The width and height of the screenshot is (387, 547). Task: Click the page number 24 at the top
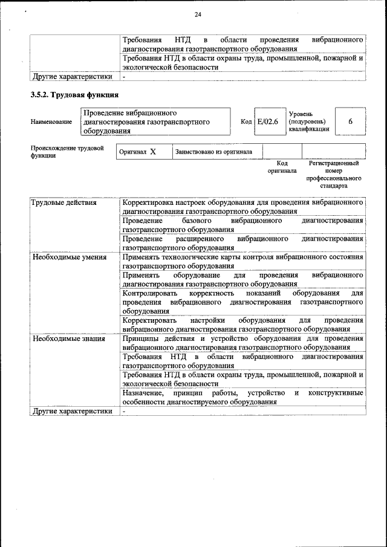pyautogui.click(x=198, y=15)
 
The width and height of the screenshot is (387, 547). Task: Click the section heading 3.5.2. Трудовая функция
pyautogui.click(x=74, y=95)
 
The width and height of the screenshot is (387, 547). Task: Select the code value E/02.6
pyautogui.click(x=267, y=122)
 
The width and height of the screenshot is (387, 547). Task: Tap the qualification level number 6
pyautogui.click(x=350, y=122)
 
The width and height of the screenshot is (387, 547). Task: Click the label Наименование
pyautogui.click(x=51, y=122)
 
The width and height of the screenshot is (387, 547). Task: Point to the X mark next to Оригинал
pyautogui.click(x=153, y=152)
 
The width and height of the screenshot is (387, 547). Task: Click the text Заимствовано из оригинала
pyautogui.click(x=214, y=152)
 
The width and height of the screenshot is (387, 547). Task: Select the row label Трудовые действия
pyautogui.click(x=63, y=203)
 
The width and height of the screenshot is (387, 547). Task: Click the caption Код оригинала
pyautogui.click(x=282, y=167)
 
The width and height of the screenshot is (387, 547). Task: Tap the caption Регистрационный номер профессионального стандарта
pyautogui.click(x=334, y=175)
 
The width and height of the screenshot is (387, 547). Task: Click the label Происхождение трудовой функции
pyautogui.click(x=67, y=151)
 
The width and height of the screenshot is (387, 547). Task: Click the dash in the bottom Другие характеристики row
pyautogui.click(x=124, y=411)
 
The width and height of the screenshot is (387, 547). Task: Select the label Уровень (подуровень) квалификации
pyautogui.click(x=309, y=121)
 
